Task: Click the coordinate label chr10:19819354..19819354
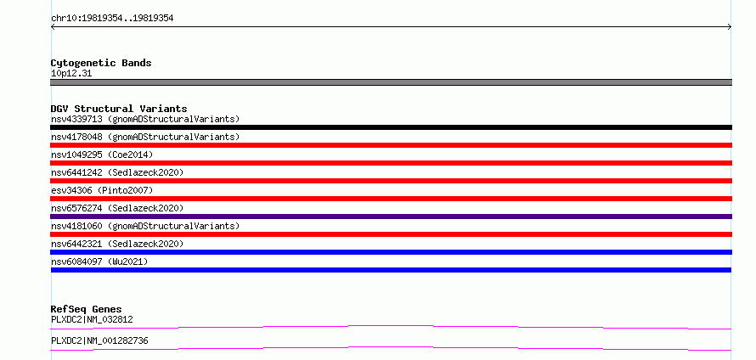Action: coord(112,19)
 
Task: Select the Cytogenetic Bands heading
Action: coord(101,63)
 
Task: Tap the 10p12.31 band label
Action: coord(71,74)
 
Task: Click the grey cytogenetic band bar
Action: coord(391,82)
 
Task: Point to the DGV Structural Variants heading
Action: coord(119,109)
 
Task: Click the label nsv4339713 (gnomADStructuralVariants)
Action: coord(145,119)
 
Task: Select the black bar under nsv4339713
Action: coord(391,127)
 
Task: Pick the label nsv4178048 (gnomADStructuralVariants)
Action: coord(145,137)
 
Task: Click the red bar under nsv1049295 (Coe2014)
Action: coord(391,163)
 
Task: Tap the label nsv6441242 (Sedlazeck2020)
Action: coord(117,172)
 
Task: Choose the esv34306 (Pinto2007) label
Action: coord(102,190)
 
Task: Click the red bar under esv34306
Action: coord(391,199)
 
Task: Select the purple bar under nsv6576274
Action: coord(391,217)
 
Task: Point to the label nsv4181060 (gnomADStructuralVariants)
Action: coord(145,226)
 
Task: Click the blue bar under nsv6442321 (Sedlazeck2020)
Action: coord(391,252)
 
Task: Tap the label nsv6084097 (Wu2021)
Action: coord(99,262)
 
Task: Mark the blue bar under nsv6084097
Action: coord(391,270)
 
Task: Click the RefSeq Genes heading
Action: coord(87,309)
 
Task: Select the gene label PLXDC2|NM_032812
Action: coord(92,319)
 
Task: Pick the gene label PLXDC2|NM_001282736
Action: coord(99,340)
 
